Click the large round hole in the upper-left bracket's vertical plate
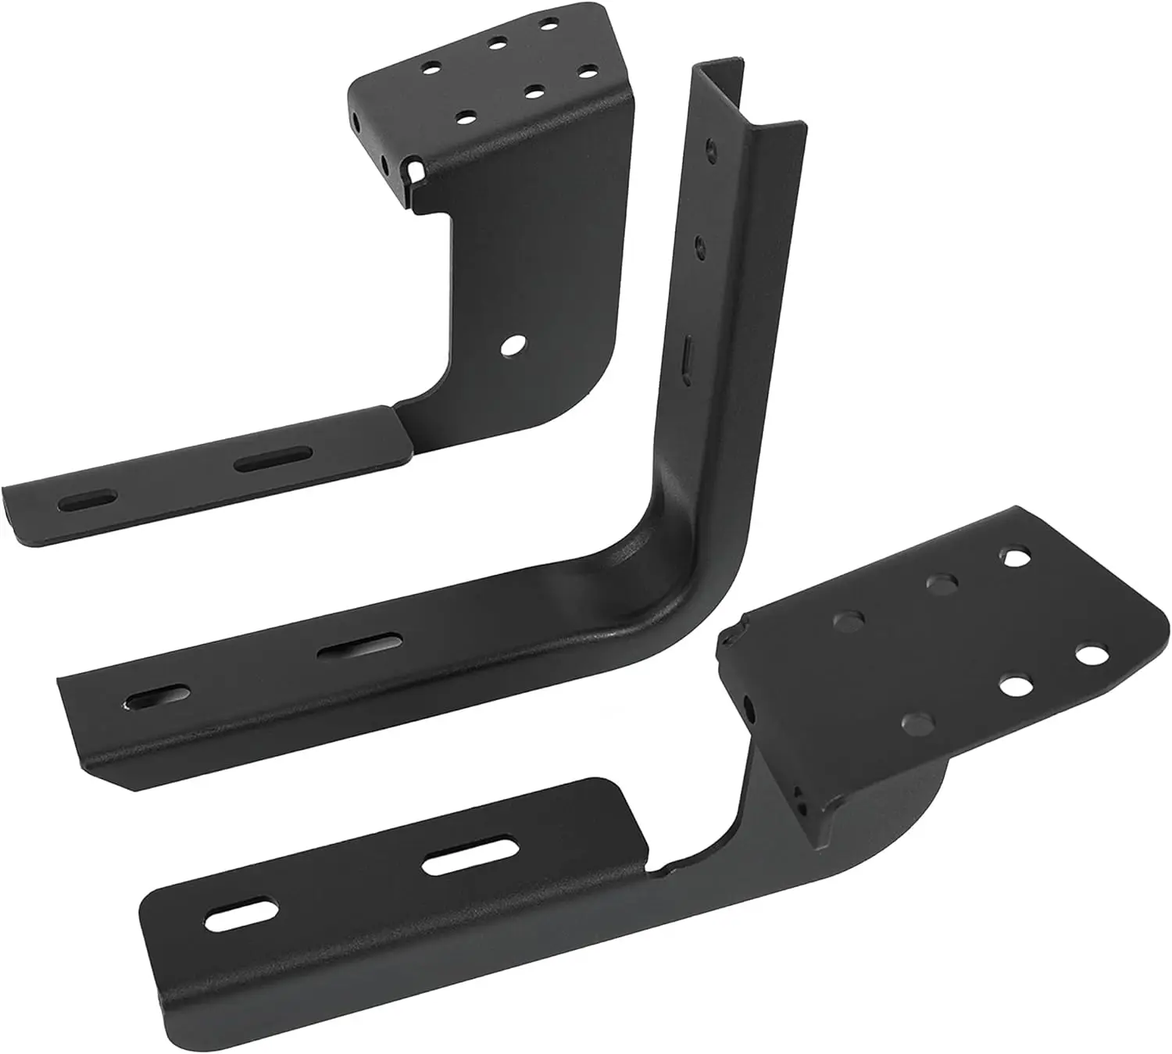513,344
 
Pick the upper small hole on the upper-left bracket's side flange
357,122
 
